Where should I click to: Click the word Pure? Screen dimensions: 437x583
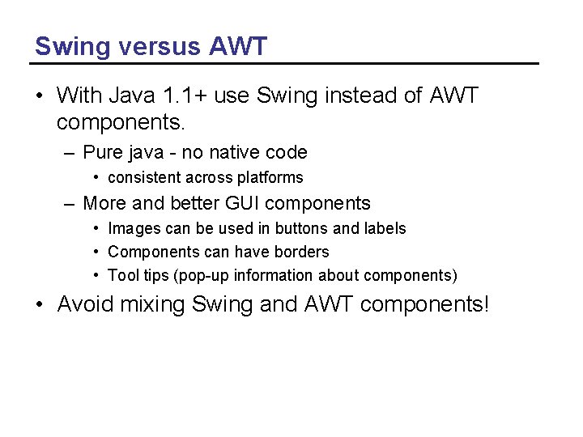(102, 152)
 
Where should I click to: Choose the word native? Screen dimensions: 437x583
(236, 152)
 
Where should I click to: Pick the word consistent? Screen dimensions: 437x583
(144, 177)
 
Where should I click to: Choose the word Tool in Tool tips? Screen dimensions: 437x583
(122, 275)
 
